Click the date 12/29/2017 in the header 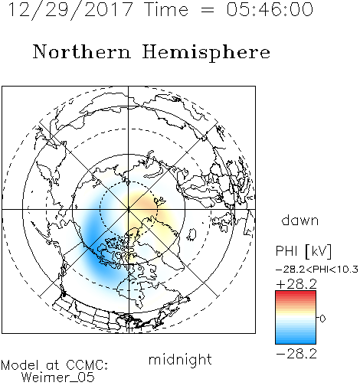tap(70, 10)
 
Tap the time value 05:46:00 tap(270, 10)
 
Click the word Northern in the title tap(82, 51)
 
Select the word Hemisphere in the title tap(206, 53)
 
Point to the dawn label tap(300, 220)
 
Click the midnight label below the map tap(180, 360)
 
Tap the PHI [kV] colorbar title tap(303, 251)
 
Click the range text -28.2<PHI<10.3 tap(317, 270)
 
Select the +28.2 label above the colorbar tap(296, 284)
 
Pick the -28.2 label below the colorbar tap(296, 354)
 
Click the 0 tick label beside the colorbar tap(322, 319)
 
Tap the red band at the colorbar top tap(296, 294)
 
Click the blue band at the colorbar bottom tap(296, 340)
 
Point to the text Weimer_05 tap(58, 377)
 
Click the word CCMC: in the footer tap(87, 365)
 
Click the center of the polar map tap(129, 209)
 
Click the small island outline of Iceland tap(192, 235)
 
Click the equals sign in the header tap(208, 11)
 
